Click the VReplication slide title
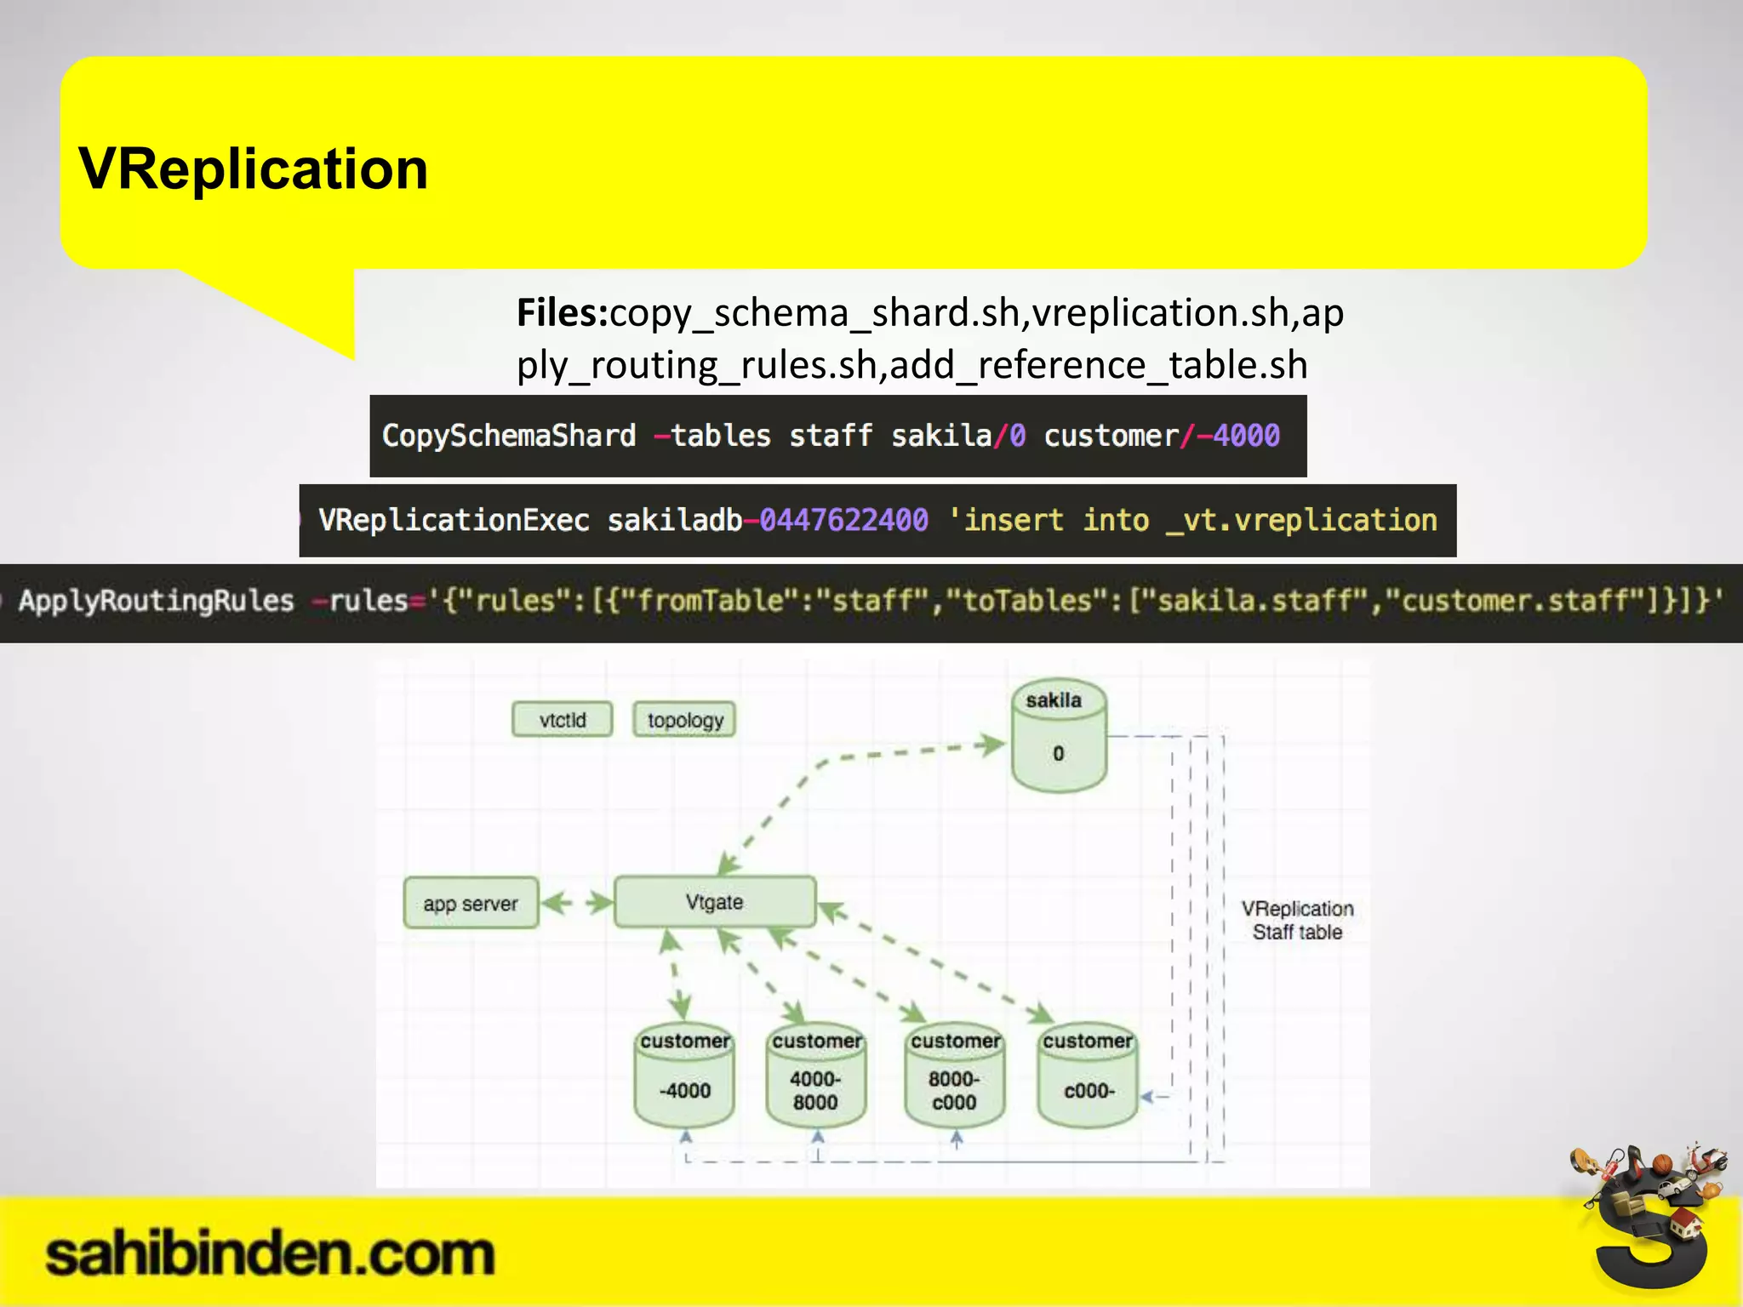[253, 168]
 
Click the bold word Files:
[562, 313]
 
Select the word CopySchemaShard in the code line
[509, 436]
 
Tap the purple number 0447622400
[843, 520]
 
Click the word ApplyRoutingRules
[157, 601]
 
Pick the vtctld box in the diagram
[563, 720]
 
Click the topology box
[684, 720]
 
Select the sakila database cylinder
[1058, 737]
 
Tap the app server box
[471, 904]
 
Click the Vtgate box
[715, 902]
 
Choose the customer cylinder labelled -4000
[685, 1077]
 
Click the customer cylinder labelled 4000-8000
[816, 1077]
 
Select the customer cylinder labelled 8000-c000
[955, 1077]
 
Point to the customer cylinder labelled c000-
[1088, 1077]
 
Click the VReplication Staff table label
[1297, 921]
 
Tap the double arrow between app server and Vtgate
[576, 903]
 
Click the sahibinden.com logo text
[270, 1254]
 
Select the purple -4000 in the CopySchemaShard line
[1237, 436]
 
